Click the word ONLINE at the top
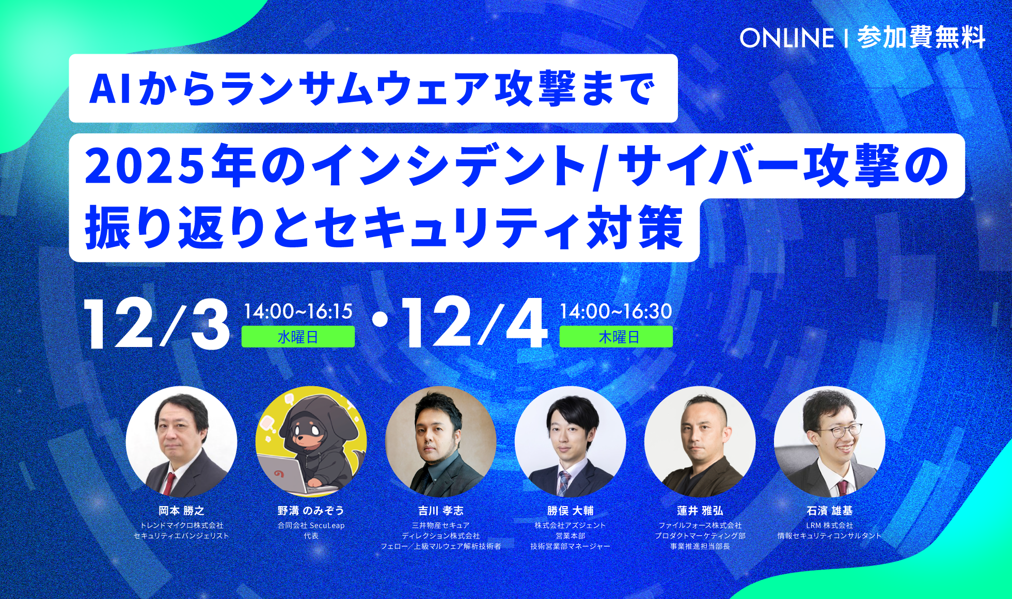point(786,38)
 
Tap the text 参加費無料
point(921,38)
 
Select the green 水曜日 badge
point(298,337)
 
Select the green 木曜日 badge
point(616,337)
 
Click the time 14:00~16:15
point(298,311)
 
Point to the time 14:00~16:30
point(616,311)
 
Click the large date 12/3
point(156,325)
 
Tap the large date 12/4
point(473,325)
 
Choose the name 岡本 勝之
point(181,511)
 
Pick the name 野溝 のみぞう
point(311,511)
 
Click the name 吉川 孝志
point(440,511)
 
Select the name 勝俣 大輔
point(570,511)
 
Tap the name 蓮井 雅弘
point(700,511)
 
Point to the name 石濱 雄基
point(829,511)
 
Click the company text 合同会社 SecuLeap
point(311,526)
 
